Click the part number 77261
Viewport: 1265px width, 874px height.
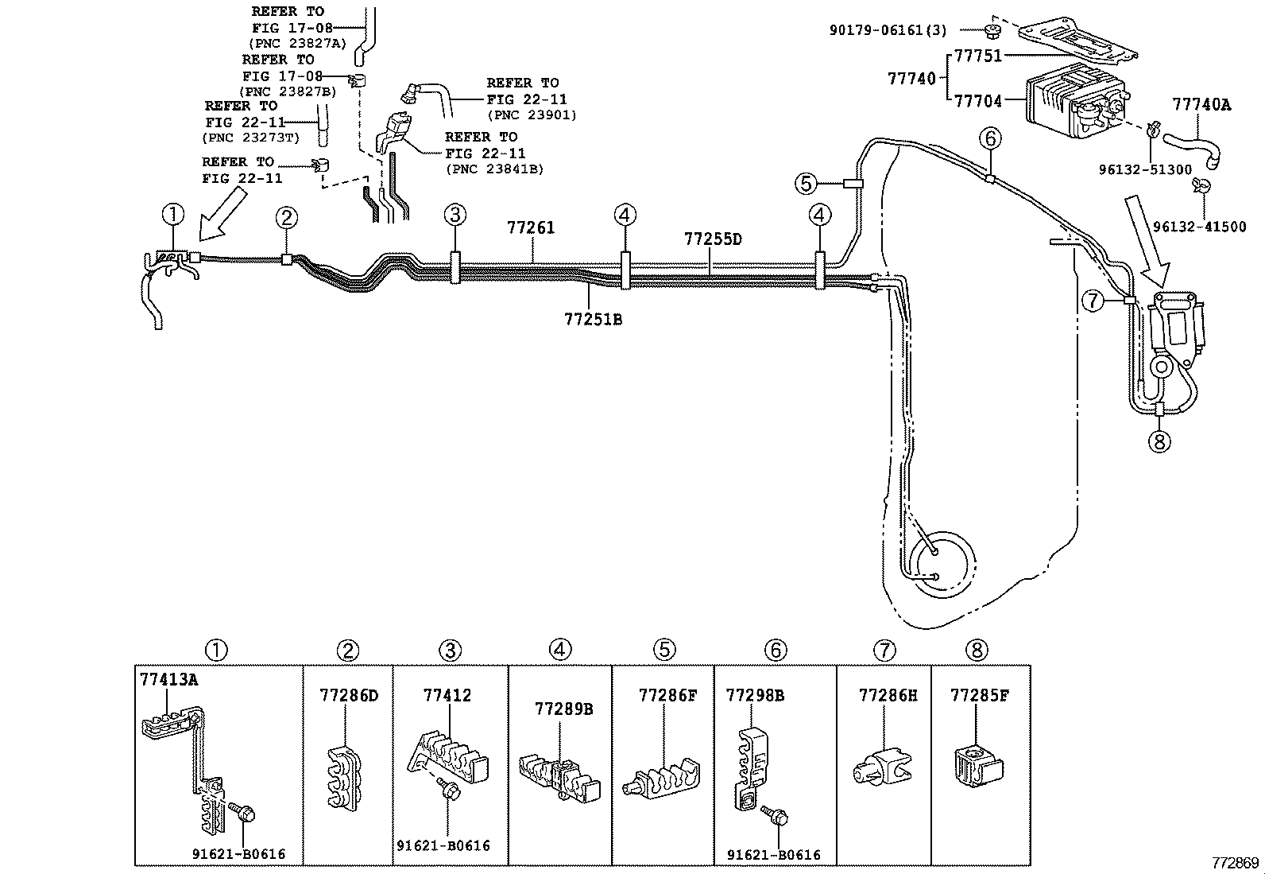click(530, 227)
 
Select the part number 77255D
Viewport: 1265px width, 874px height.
click(713, 239)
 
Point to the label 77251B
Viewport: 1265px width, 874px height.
click(593, 320)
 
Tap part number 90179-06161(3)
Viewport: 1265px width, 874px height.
click(888, 30)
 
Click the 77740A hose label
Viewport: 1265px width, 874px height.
click(1201, 105)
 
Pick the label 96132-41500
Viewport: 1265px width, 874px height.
click(1200, 227)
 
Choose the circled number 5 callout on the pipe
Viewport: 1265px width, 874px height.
click(806, 183)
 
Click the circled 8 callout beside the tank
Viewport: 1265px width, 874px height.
click(1159, 441)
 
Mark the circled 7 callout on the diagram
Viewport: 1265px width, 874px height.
click(1093, 300)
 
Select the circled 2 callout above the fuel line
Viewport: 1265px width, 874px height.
click(286, 218)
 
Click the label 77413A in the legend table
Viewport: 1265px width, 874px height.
click(169, 679)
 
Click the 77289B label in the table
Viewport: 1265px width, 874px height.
click(563, 709)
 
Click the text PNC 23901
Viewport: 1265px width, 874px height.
click(532, 115)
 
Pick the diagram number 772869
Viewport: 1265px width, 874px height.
click(1236, 863)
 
